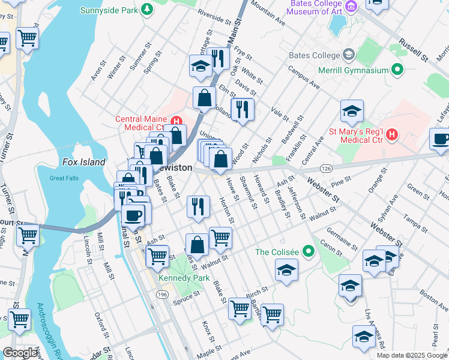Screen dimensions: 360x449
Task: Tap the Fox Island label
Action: pos(84,162)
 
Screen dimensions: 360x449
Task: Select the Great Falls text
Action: pos(65,178)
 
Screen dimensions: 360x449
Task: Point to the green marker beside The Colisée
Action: pos(309,251)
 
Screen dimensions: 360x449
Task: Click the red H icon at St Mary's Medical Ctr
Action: pos(391,133)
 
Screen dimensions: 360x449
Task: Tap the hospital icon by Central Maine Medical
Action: pos(176,121)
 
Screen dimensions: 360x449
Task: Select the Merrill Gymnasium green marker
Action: pos(396,70)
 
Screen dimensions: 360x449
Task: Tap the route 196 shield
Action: pos(162,294)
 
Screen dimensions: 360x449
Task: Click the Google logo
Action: pos(20,353)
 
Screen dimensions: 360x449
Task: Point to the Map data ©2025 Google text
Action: pos(411,355)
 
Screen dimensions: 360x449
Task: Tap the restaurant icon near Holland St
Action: pos(243,109)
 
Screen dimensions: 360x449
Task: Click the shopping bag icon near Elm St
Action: pos(205,97)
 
